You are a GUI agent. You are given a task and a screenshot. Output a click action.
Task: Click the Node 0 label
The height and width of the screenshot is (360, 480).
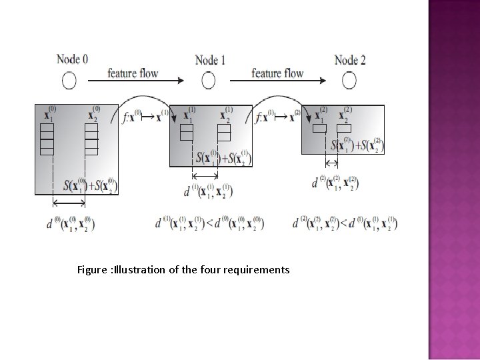click(x=71, y=60)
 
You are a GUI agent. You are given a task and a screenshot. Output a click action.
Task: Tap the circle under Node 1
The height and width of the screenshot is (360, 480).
click(x=209, y=81)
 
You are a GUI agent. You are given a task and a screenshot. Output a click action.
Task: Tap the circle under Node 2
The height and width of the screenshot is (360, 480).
click(x=349, y=81)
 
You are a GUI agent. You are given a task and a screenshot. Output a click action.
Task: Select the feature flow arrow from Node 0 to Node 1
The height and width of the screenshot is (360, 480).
click(x=136, y=81)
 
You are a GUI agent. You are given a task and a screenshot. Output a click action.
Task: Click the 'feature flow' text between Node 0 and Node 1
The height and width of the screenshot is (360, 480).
click(x=133, y=72)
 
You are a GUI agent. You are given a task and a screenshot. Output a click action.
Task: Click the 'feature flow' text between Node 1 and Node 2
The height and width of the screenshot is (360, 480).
click(x=277, y=73)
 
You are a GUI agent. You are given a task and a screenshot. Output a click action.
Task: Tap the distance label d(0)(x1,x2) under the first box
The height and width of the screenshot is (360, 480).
click(x=71, y=223)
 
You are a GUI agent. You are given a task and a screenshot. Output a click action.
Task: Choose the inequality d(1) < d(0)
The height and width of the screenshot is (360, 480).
click(x=209, y=223)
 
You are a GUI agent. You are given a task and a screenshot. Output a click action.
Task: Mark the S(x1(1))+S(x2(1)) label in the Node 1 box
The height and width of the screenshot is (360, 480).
click(x=223, y=158)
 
